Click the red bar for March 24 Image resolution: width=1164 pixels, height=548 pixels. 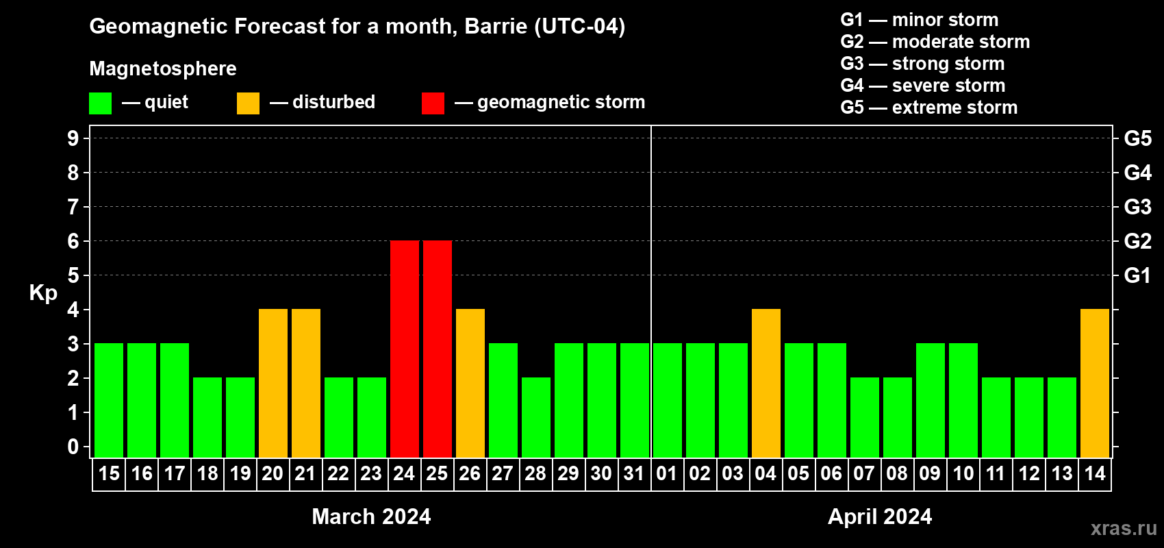point(404,349)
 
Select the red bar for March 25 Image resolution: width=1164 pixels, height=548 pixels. point(438,349)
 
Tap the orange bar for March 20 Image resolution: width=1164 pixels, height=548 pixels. point(273,383)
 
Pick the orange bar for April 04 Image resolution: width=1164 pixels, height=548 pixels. point(766,383)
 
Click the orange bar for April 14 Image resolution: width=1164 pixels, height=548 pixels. point(1095,383)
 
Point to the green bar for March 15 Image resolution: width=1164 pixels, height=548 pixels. point(109,400)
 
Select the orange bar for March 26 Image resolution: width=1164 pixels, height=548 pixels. point(470,383)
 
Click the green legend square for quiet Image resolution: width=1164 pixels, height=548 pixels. point(100,103)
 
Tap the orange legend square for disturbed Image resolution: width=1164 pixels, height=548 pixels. point(248,103)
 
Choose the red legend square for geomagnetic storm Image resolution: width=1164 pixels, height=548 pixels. point(433,103)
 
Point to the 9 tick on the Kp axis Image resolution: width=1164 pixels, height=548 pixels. point(73,138)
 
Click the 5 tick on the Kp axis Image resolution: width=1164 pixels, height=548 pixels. point(73,275)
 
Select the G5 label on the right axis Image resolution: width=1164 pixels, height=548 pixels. point(1138,138)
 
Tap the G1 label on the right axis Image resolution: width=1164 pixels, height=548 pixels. point(1137,275)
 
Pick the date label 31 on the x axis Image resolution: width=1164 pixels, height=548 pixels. point(634,473)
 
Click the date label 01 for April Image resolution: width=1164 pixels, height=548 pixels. point(667,473)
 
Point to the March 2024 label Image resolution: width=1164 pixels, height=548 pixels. point(371,516)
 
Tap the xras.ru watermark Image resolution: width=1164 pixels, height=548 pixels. point(1124,528)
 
